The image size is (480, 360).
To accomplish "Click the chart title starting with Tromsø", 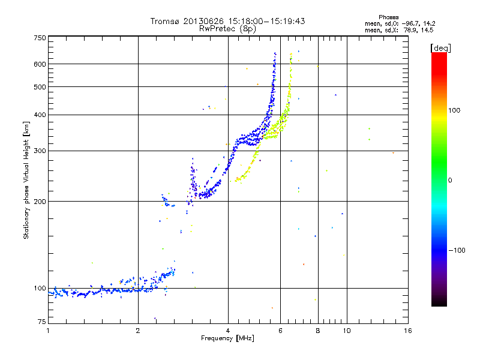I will pos(227,21).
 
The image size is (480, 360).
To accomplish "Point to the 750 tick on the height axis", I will pos(40,38).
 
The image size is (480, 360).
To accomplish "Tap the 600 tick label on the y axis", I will pos(40,64).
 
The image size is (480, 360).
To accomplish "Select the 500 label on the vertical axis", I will pos(40,87).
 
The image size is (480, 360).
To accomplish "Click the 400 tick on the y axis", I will pos(40,115).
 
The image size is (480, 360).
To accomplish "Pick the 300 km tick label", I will pos(40,151).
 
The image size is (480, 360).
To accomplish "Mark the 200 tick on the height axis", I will pos(40,202).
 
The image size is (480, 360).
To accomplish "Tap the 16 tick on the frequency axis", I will pos(407,331).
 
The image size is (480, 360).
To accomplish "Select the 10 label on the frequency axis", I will pos(346,331).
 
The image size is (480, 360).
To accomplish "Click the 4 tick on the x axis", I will pos(228,331).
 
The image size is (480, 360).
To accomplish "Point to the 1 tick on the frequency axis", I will pos(48,331).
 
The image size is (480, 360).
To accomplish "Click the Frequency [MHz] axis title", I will pos(227,338).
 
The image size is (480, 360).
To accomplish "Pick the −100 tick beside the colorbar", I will pos(456,250).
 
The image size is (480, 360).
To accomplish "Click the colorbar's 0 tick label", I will pos(451,180).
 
